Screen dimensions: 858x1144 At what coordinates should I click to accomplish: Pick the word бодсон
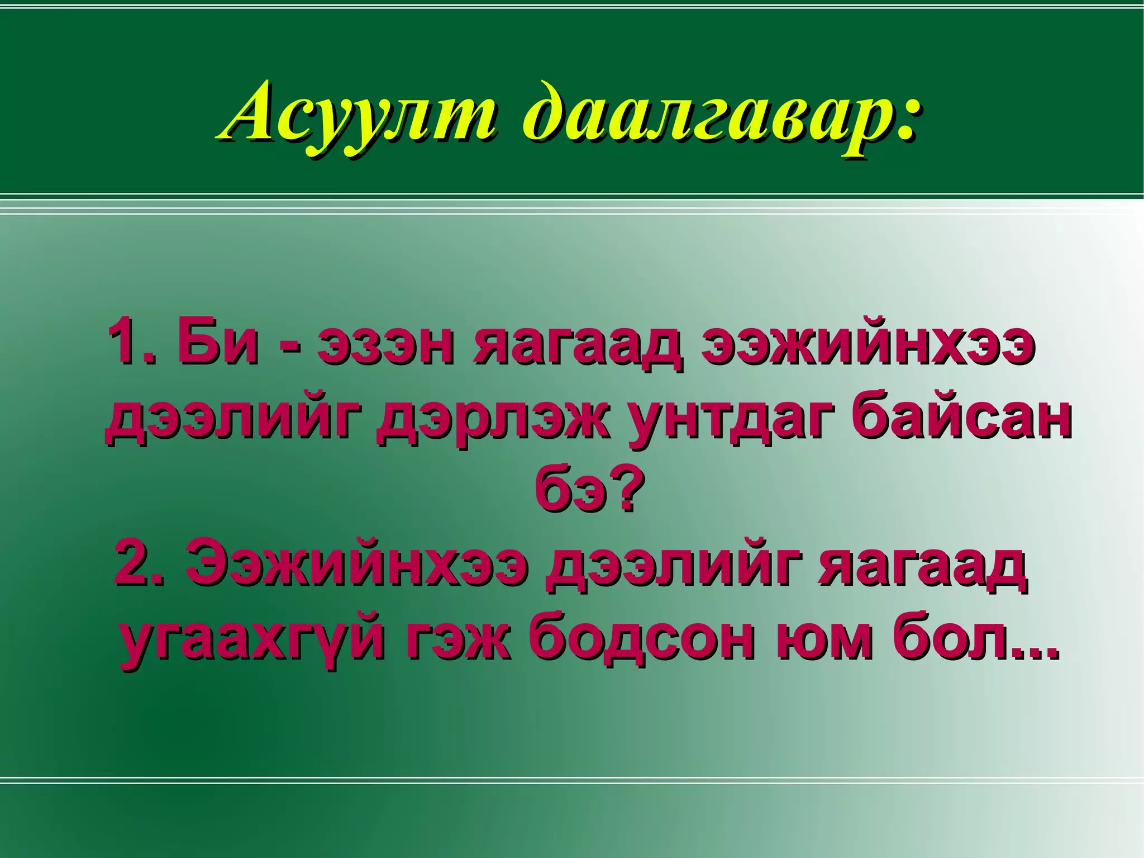(642, 637)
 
